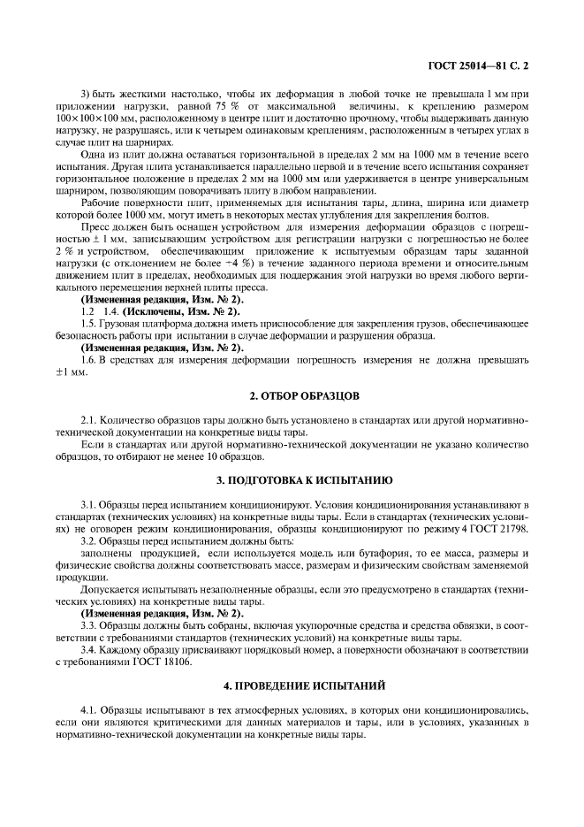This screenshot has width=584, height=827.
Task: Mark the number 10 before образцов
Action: click(x=216, y=456)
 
